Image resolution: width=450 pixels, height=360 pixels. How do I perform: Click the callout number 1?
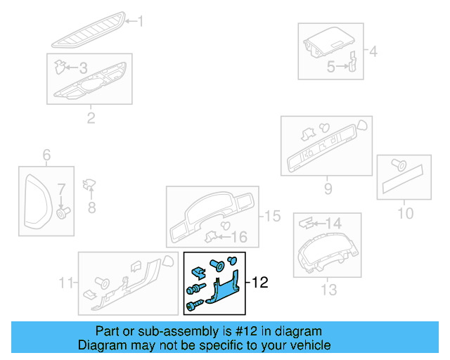tap(139, 22)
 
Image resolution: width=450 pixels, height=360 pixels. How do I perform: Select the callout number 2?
tap(91, 117)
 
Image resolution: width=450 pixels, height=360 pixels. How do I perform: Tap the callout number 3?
tap(82, 68)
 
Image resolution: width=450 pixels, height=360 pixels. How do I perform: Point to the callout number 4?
tap(373, 51)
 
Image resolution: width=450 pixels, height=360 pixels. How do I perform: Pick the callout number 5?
tap(330, 67)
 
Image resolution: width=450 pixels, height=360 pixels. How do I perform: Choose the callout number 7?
tap(61, 188)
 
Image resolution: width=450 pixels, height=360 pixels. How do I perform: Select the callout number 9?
tap(328, 188)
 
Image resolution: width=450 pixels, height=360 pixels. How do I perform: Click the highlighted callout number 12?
tap(260, 283)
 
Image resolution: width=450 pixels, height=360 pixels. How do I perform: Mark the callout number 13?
tap(328, 289)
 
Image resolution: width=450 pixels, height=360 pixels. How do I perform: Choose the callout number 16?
tap(240, 237)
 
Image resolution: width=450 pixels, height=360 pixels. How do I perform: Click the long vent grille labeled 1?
tap(88, 28)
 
